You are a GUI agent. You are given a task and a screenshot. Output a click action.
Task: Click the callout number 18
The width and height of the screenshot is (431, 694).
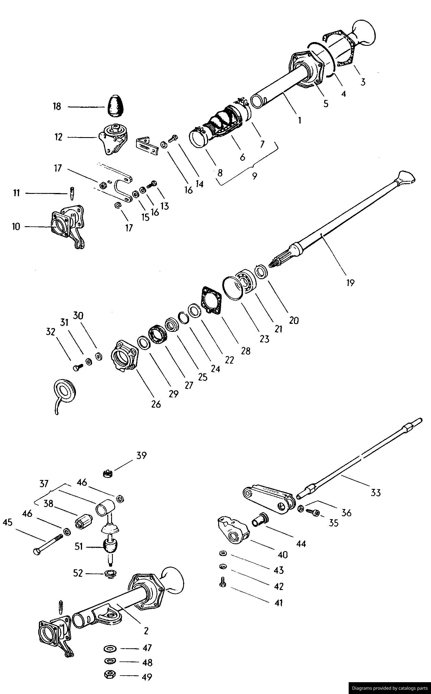(x=57, y=106)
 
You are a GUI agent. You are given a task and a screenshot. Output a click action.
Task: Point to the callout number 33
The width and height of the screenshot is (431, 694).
(x=375, y=493)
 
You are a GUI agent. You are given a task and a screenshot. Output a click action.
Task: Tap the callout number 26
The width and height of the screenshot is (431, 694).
(x=156, y=404)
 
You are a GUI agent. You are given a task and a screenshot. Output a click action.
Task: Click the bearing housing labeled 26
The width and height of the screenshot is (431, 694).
(x=124, y=356)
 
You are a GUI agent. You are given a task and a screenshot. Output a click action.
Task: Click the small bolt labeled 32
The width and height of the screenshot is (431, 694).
(x=78, y=368)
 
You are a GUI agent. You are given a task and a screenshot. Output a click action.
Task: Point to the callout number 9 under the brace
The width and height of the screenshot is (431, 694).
(x=255, y=176)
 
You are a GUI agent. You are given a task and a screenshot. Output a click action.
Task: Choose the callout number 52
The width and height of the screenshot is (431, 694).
(x=78, y=573)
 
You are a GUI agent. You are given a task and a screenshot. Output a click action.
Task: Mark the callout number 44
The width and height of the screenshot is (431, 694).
(x=301, y=544)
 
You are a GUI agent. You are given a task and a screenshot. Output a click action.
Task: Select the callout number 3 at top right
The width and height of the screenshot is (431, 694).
(x=363, y=82)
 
